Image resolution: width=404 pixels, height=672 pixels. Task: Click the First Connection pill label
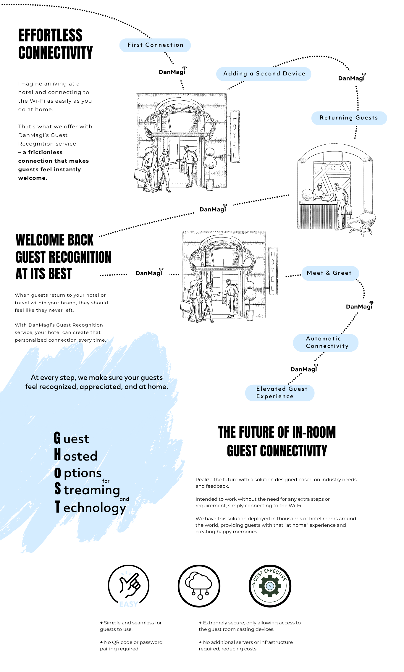pyautogui.click(x=155, y=45)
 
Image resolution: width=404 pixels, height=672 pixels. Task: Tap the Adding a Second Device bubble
pyautogui.click(x=264, y=74)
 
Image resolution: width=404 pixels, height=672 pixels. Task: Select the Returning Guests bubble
pyautogui.click(x=349, y=118)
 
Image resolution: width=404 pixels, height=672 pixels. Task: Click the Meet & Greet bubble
pyautogui.click(x=330, y=273)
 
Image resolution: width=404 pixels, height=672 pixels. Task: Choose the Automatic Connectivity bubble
pyautogui.click(x=326, y=343)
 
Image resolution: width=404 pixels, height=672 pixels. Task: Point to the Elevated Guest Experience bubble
pyautogui.click(x=279, y=392)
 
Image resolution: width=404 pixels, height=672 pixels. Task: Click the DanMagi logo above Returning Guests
pyautogui.click(x=352, y=78)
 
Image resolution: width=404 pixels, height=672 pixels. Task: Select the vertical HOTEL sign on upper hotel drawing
pyautogui.click(x=235, y=137)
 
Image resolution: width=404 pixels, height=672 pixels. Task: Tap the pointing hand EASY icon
pyautogui.click(x=129, y=586)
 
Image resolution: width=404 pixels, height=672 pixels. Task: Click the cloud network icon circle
pyautogui.click(x=199, y=586)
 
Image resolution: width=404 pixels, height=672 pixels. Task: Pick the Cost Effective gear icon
pyautogui.click(x=270, y=586)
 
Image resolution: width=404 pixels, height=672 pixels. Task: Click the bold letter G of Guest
pyautogui.click(x=57, y=438)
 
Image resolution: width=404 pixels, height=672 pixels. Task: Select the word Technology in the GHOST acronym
pyautogui.click(x=94, y=508)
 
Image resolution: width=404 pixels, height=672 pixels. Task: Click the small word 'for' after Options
pyautogui.click(x=106, y=481)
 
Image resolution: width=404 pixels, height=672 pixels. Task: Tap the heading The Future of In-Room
pyautogui.click(x=277, y=432)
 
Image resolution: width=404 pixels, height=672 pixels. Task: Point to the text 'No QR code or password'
pyautogui.click(x=133, y=642)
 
